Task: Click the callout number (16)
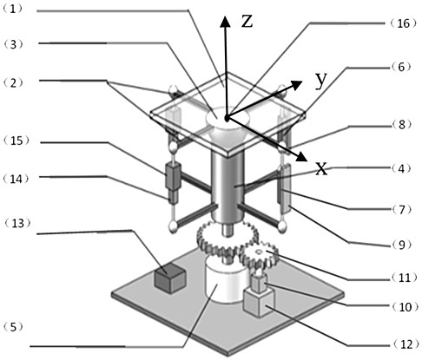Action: [x=402, y=23]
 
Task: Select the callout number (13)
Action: [x=17, y=223]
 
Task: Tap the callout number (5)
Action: [x=14, y=327]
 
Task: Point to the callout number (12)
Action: [x=405, y=344]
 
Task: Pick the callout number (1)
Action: [x=12, y=9]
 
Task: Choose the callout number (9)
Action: [x=401, y=245]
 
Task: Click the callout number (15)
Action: [x=16, y=141]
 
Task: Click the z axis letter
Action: [x=247, y=22]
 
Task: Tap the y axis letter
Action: [x=321, y=80]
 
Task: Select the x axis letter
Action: [x=321, y=168]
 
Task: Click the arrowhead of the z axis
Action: [x=225, y=22]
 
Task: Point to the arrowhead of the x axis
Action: [x=301, y=156]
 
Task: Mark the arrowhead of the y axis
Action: [x=296, y=85]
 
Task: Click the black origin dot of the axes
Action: [x=227, y=118]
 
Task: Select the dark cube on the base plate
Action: [x=169, y=278]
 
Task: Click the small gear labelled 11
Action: [x=259, y=255]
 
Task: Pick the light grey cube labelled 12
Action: [x=259, y=302]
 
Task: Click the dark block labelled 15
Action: [x=173, y=176]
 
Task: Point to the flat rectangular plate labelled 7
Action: [x=285, y=188]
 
